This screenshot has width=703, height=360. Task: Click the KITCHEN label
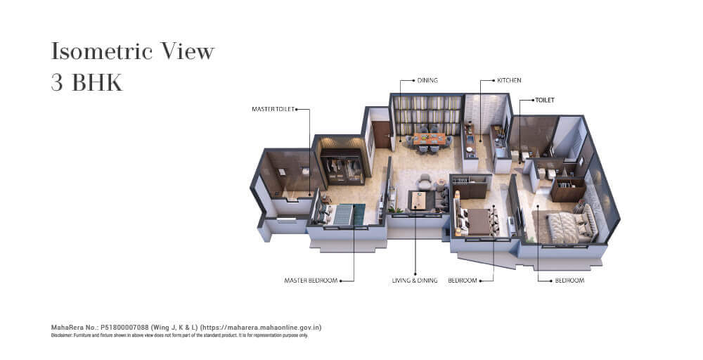click(x=509, y=80)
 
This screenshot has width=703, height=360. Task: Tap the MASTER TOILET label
click(x=273, y=109)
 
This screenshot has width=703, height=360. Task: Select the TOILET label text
click(x=545, y=100)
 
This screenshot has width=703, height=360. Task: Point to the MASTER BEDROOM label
click(x=311, y=281)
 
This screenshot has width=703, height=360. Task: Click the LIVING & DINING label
click(x=415, y=281)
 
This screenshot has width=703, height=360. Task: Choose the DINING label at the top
click(x=427, y=80)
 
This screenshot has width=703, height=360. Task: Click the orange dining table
click(x=430, y=139)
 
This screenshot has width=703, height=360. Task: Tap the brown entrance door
click(x=382, y=134)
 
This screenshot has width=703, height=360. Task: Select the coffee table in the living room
click(x=418, y=200)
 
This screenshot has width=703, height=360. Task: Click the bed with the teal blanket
click(x=341, y=214)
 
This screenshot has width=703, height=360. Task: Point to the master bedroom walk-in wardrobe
click(x=342, y=167)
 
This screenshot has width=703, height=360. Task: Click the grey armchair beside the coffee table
click(x=424, y=181)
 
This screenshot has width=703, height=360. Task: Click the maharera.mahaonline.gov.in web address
click(x=262, y=327)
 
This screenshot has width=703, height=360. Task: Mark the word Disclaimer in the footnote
click(x=59, y=335)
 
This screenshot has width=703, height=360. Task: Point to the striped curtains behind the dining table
click(x=427, y=115)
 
